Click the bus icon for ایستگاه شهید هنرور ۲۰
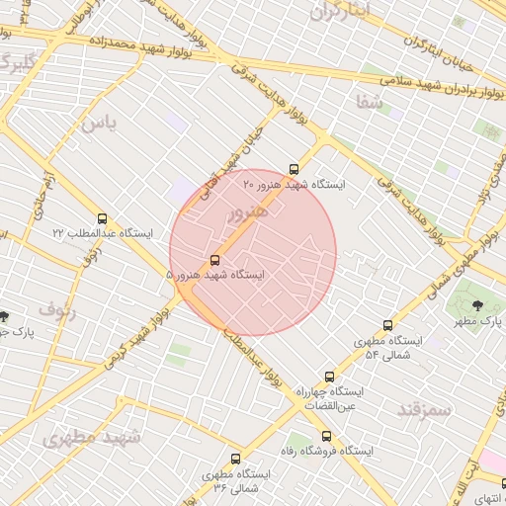[293, 169]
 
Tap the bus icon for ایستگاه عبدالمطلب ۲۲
[103, 218]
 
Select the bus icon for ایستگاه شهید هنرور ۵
[215, 261]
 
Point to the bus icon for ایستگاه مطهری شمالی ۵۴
[387, 326]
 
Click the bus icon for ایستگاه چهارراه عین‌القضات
[329, 377]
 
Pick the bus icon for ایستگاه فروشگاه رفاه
[326, 436]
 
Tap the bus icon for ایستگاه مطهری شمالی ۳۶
[235, 460]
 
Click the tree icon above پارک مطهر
[478, 306]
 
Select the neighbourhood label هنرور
[248, 213]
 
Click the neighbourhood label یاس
[98, 124]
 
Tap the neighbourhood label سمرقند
[424, 408]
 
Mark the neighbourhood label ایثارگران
[341, 12]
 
